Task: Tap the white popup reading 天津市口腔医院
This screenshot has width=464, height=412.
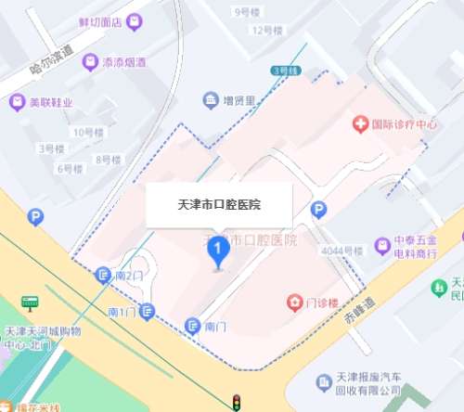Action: click(x=219, y=204)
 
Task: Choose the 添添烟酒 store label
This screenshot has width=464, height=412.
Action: click(x=122, y=62)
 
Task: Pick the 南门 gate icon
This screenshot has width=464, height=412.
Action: click(x=193, y=326)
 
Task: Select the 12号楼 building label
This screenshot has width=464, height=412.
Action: click(x=265, y=30)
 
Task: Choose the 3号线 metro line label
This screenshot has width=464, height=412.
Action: click(x=282, y=71)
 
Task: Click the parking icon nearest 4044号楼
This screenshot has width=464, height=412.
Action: click(x=318, y=210)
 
